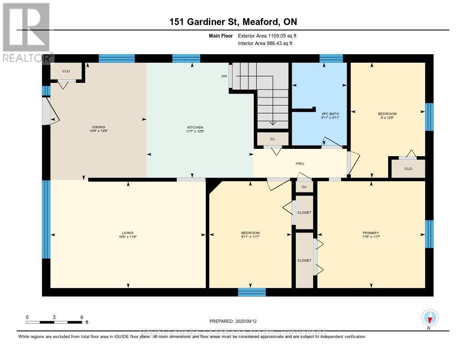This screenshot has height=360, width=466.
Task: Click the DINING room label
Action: (x=98, y=127)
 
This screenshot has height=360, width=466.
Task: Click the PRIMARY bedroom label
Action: (x=371, y=233)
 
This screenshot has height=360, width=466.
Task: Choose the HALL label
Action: (x=300, y=163)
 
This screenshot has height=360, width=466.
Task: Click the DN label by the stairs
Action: (x=224, y=76)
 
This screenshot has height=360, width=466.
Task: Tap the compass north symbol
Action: (x=430, y=317)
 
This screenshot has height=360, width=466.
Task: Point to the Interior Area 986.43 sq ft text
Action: (x=265, y=43)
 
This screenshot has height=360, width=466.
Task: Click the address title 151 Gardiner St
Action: (x=233, y=22)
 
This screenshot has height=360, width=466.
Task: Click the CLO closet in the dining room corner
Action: (x=66, y=71)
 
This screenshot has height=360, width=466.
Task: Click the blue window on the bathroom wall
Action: (x=331, y=58)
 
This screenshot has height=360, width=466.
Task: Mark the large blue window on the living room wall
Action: (x=46, y=219)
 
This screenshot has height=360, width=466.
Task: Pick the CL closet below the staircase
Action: (x=272, y=138)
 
